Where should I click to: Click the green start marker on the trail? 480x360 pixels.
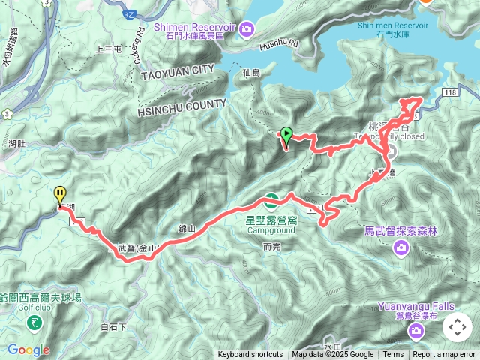pyautogui.click(x=286, y=136)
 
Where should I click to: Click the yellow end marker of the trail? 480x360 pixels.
pyautogui.click(x=60, y=195)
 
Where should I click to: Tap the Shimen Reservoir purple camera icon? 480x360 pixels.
pyautogui.click(x=247, y=28)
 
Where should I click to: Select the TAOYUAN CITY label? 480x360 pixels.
pyautogui.click(x=176, y=70)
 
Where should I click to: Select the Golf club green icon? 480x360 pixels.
pyautogui.click(x=34, y=323)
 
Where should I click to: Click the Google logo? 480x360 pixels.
pyautogui.click(x=28, y=349)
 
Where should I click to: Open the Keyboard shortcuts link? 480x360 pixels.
pyautogui.click(x=250, y=355)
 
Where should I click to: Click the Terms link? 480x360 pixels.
pyautogui.click(x=393, y=355)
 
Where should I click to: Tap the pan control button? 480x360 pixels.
pyautogui.click(x=457, y=327)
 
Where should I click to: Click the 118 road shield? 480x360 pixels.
pyautogui.click(x=449, y=91)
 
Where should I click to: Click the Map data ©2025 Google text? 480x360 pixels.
pyautogui.click(x=333, y=355)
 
